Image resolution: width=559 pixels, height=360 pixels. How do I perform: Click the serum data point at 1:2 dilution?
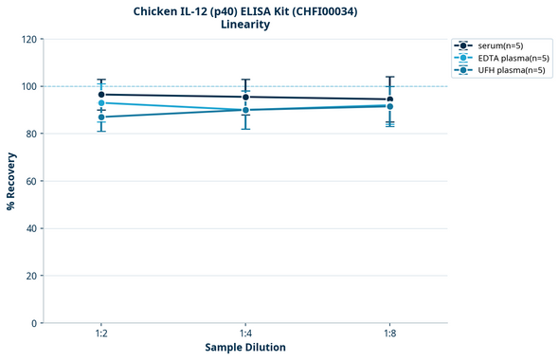[x=101, y=95]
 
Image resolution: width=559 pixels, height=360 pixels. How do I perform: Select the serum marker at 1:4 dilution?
[x=245, y=97]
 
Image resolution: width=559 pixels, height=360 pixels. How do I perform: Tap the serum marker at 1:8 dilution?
[x=389, y=99]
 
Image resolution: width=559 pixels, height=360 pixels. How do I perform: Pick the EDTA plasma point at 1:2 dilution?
[x=101, y=102]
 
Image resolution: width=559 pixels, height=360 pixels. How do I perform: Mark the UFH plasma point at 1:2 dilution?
[x=101, y=117]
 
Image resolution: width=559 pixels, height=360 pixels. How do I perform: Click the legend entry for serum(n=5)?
[x=500, y=45]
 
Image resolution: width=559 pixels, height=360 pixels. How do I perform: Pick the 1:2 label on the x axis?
[x=101, y=334]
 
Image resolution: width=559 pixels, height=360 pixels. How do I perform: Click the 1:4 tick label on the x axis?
[x=245, y=334]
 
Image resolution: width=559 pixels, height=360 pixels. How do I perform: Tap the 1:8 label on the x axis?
[x=389, y=334]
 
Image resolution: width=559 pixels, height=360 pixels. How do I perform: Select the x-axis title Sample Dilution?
[x=245, y=348]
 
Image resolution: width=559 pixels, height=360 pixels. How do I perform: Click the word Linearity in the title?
[x=244, y=25]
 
